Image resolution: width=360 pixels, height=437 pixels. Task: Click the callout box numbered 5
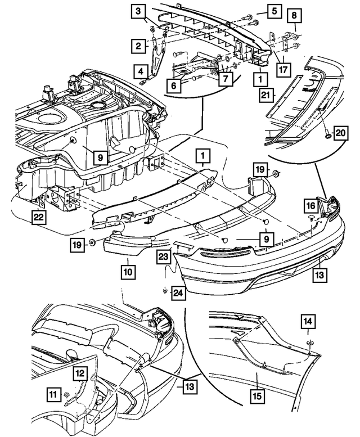274,11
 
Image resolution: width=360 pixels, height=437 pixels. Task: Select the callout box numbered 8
294,15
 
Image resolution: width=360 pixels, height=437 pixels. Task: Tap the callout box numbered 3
138,12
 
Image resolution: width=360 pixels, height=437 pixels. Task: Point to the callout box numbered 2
138,46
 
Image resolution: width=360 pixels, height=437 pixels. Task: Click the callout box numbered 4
141,71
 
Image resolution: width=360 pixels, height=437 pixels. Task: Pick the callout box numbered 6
174,85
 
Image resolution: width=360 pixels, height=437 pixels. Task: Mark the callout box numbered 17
283,69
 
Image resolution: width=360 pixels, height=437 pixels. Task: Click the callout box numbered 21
266,96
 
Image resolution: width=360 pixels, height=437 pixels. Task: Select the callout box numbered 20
340,133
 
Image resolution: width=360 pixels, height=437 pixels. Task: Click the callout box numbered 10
128,272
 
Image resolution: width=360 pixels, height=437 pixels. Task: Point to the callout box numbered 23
163,256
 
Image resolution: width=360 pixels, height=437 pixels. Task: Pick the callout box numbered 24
179,293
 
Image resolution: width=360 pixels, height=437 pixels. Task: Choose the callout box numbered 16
311,206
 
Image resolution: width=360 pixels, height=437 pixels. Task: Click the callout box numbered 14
308,322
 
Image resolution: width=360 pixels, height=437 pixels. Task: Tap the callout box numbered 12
80,373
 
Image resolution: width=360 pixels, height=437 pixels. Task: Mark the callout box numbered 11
54,394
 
